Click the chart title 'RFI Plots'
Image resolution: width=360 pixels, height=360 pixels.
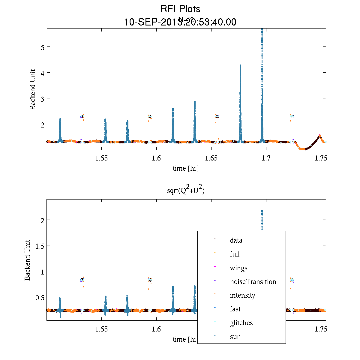coord(180,9)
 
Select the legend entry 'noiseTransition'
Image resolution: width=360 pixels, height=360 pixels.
coord(253,282)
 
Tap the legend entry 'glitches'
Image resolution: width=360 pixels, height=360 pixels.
coord(241,323)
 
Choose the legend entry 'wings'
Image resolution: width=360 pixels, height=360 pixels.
coord(238,268)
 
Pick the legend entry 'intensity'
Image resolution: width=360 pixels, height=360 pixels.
coord(242,295)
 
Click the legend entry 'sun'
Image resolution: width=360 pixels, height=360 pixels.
coord(235,337)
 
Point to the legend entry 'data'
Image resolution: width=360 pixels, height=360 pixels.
coord(236,240)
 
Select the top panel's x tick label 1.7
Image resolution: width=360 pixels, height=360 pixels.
coord(266,158)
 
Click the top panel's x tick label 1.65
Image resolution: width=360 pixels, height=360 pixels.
coord(211,158)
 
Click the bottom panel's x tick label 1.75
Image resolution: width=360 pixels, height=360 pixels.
coord(321,329)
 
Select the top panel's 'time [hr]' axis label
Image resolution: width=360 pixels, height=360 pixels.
coord(186,169)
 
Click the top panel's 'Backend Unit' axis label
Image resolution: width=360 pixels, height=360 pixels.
coord(33,89)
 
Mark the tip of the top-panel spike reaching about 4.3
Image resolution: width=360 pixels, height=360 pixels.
coord(240,65)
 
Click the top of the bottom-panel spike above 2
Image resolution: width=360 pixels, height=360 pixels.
coord(262,211)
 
